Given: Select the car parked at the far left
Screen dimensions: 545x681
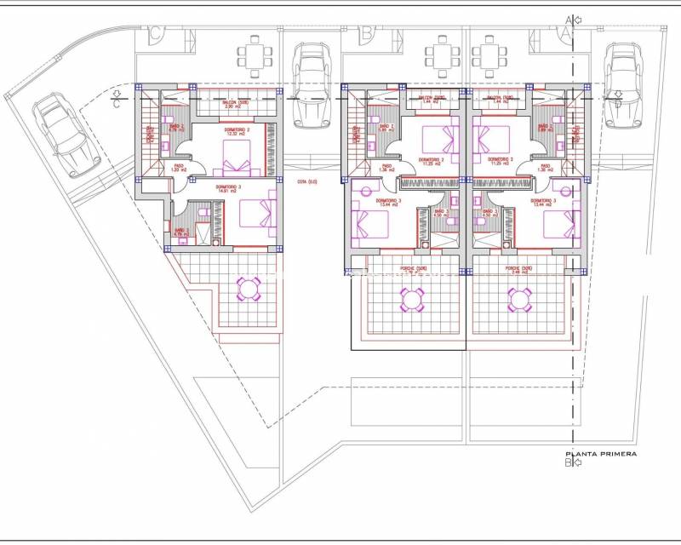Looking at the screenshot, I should (57, 132).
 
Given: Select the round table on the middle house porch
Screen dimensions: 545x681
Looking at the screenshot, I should (411, 299).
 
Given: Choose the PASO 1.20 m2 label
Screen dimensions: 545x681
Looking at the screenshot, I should (179, 168).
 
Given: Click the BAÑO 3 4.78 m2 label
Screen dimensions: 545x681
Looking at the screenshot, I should (181, 232).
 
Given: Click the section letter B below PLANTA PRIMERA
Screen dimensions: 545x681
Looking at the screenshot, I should (568, 464).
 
